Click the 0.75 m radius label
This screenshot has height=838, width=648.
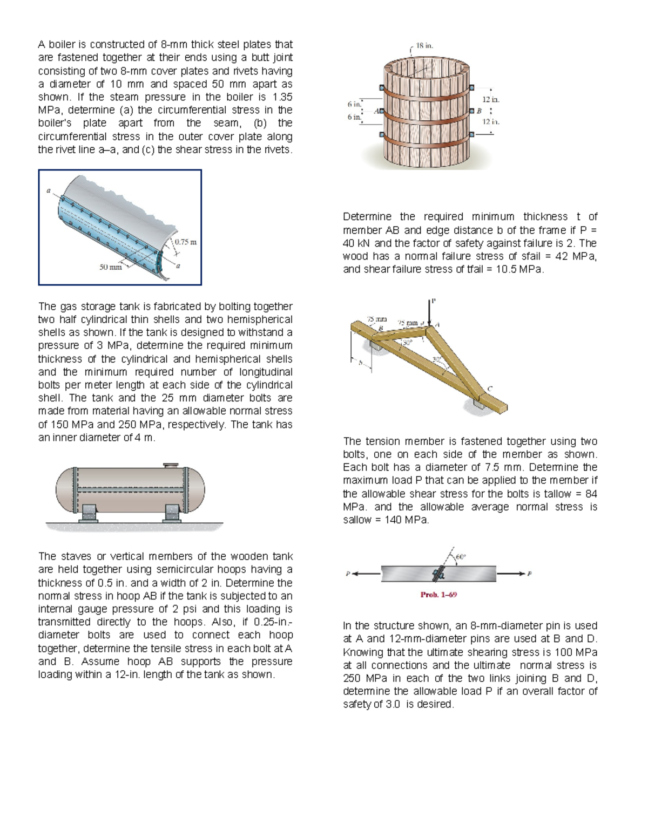pyautogui.click(x=186, y=242)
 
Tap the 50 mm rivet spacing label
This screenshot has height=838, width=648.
pyautogui.click(x=110, y=267)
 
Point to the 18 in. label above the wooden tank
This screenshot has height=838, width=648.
pyautogui.click(x=424, y=46)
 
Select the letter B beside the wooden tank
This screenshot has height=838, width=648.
pyautogui.click(x=478, y=111)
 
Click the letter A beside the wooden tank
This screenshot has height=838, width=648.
pyautogui.click(x=376, y=111)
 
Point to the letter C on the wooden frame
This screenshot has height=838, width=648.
pyautogui.click(x=490, y=389)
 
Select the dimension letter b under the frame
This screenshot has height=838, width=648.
pyautogui.click(x=361, y=363)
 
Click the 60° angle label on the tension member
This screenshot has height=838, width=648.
pyautogui.click(x=461, y=556)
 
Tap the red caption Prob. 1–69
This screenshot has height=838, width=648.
pyautogui.click(x=438, y=595)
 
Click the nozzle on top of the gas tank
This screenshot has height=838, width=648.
pyautogui.click(x=171, y=465)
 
